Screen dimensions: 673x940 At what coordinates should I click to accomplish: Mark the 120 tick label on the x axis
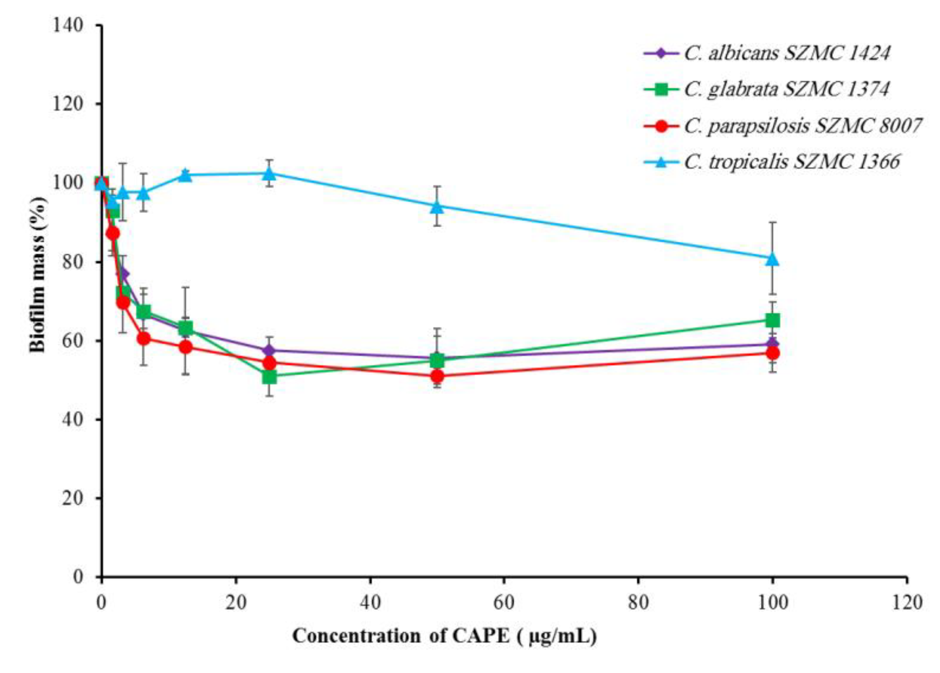(907, 602)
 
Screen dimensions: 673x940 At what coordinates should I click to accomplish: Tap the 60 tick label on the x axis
(504, 602)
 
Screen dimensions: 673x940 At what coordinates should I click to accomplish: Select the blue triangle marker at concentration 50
(437, 206)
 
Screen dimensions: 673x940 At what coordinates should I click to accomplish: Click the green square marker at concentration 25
(269, 377)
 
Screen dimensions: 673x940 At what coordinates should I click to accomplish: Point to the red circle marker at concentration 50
(437, 376)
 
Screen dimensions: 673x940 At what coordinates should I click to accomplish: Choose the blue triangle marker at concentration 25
(269, 173)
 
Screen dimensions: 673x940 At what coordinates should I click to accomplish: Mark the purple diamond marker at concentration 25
(269, 350)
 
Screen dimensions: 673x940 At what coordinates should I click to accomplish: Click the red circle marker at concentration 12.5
(186, 347)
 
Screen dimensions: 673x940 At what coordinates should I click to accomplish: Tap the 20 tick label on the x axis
(236, 602)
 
